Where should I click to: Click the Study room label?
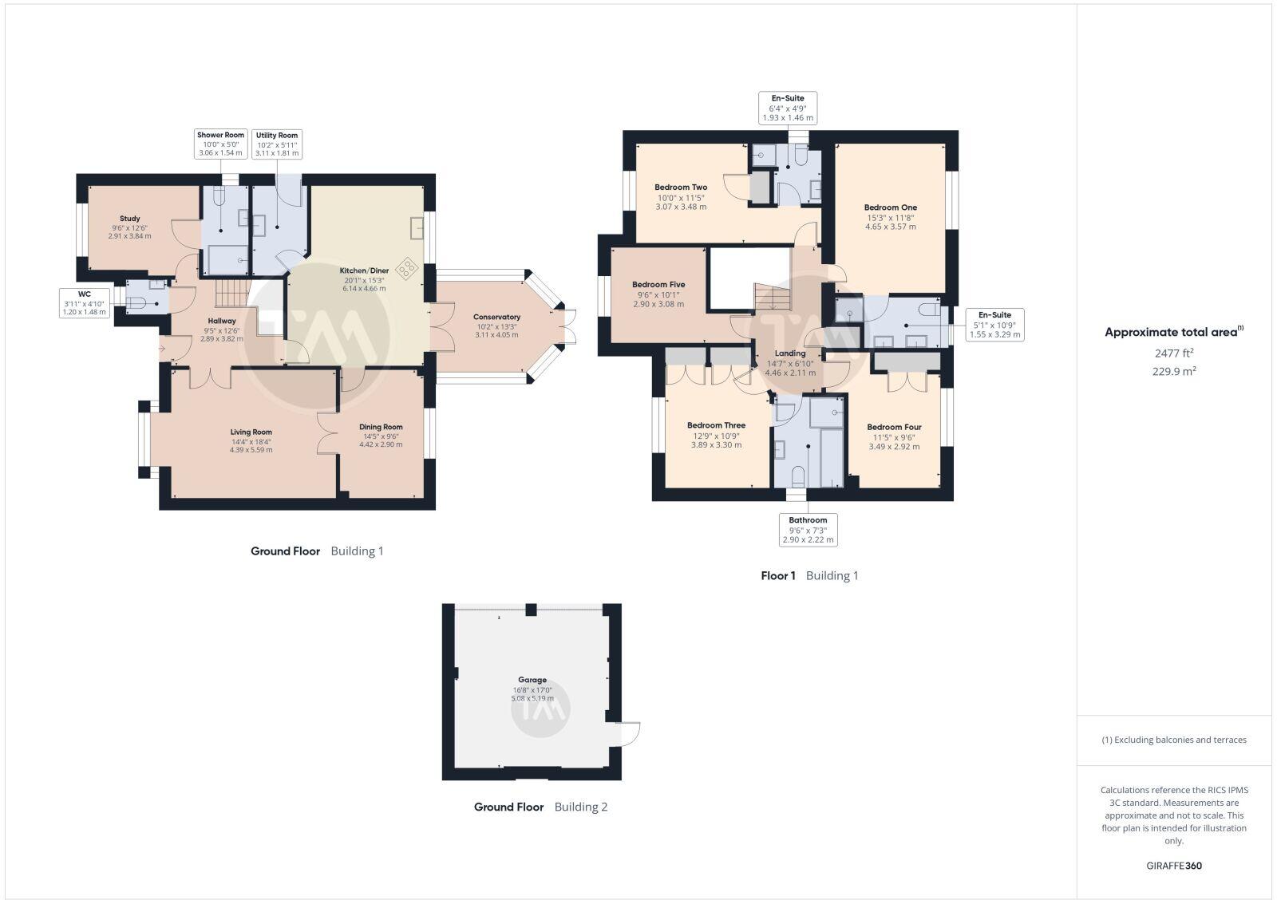click(x=130, y=219)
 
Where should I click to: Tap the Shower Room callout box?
click(x=221, y=144)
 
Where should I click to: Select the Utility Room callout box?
click(x=277, y=144)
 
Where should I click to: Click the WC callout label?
click(x=85, y=303)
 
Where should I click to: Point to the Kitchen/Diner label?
click(x=364, y=270)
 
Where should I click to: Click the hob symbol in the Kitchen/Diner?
click(x=407, y=269)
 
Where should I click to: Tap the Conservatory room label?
click(x=496, y=317)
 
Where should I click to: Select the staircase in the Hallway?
click(x=233, y=293)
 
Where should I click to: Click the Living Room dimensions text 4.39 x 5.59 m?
click(x=251, y=450)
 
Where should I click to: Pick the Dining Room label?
click(x=381, y=427)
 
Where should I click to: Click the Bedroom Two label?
click(x=681, y=187)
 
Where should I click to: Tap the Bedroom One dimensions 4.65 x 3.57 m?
click(x=891, y=227)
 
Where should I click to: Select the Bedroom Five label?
click(x=658, y=285)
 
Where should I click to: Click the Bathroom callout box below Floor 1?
click(x=808, y=530)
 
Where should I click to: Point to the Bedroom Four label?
click(x=894, y=427)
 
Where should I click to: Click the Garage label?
click(x=532, y=680)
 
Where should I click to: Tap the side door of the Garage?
click(x=631, y=732)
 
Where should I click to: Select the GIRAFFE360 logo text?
click(x=1174, y=866)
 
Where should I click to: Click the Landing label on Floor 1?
click(x=790, y=353)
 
